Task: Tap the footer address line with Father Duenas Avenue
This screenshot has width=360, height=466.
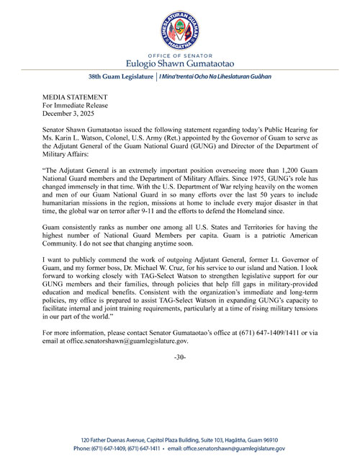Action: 179,439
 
